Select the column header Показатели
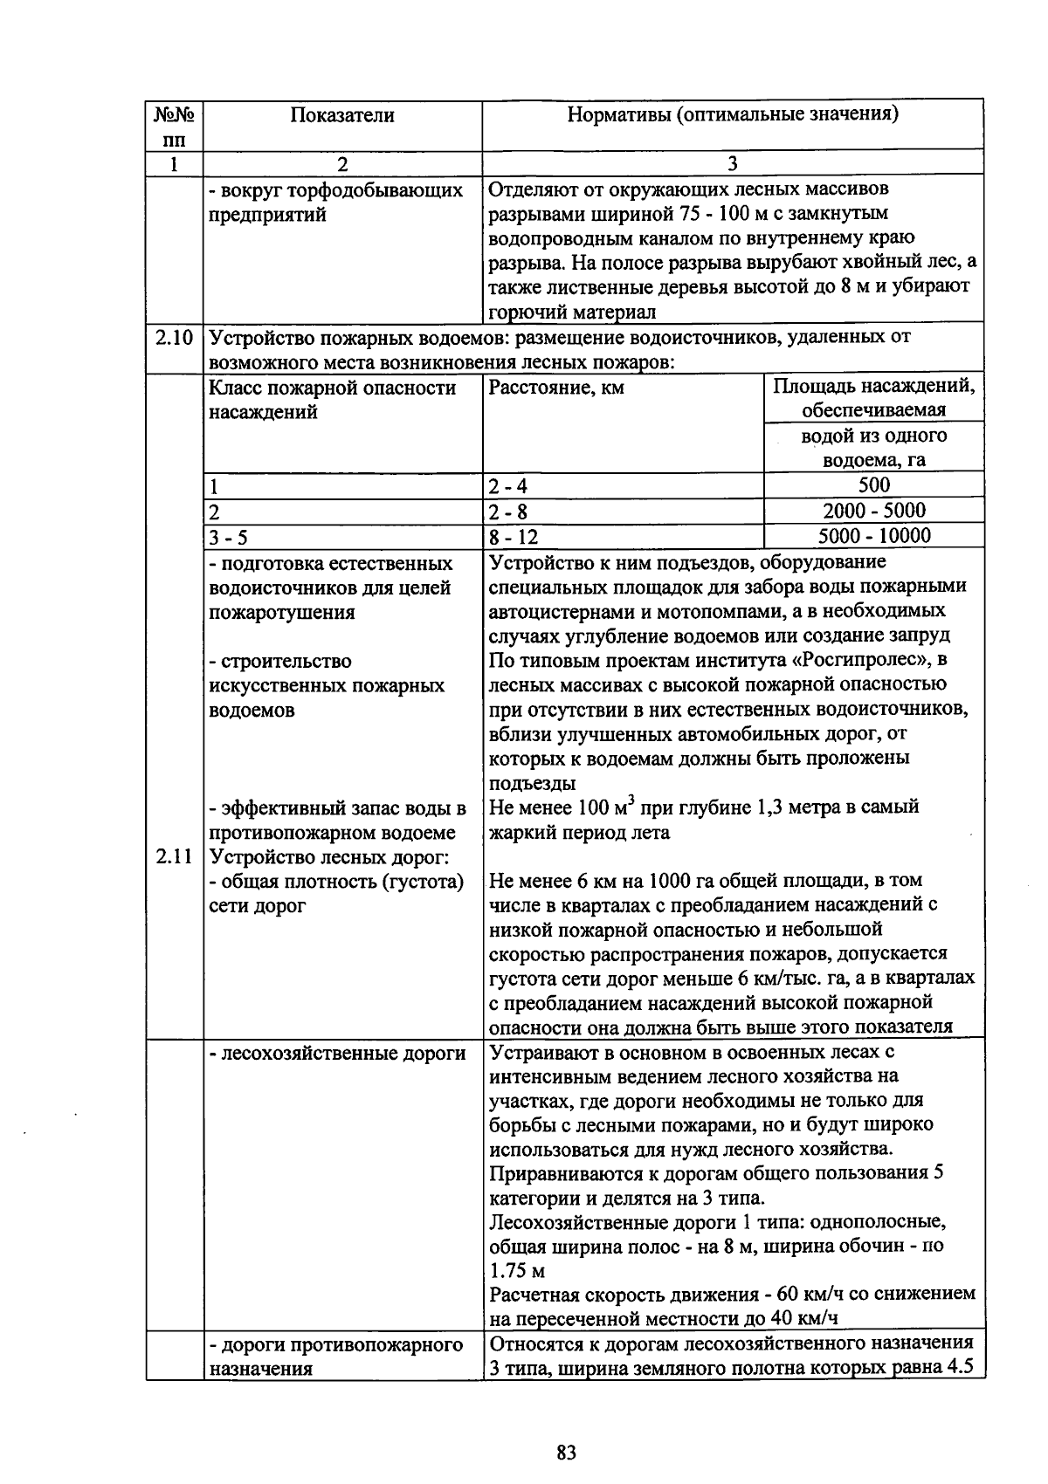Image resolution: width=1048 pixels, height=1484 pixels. pos(342,115)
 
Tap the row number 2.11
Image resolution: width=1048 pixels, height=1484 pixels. pos(174,856)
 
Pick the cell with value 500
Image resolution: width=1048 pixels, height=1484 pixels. pos(873,485)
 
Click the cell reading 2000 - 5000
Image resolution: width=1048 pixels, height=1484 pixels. pos(873,511)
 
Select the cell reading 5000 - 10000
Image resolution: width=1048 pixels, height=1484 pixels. pos(873,535)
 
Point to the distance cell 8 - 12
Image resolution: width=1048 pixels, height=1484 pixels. pos(514,536)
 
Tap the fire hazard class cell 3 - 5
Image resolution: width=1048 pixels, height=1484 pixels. pos(229,536)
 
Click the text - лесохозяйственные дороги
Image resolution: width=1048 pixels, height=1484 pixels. pos(337,1054)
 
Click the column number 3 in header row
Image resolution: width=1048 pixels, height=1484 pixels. pos(733,163)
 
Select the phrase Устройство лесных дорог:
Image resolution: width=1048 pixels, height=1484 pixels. pos(329,856)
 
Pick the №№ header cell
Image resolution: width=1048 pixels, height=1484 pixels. pos(174,115)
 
